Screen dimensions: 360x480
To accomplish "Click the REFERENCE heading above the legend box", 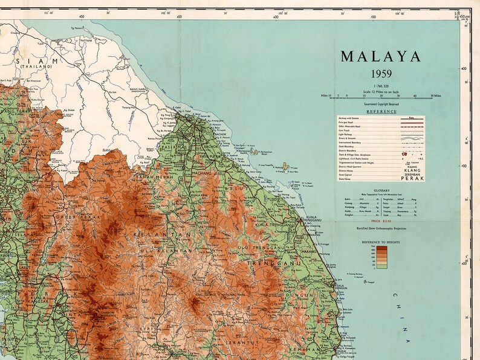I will point(381,111).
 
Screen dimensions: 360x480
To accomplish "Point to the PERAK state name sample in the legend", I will point(413,178).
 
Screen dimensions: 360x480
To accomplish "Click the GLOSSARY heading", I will point(381,190).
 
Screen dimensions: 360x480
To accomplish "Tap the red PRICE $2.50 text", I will point(381,222).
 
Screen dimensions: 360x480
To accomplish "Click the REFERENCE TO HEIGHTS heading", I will point(381,242).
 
